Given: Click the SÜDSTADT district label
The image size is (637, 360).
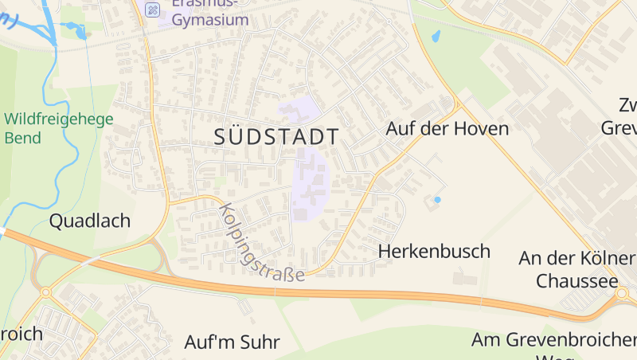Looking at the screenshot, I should pyautogui.click(x=276, y=136).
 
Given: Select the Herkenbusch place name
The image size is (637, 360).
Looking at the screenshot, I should pyautogui.click(x=434, y=252).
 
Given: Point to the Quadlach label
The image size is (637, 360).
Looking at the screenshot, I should pyautogui.click(x=90, y=221).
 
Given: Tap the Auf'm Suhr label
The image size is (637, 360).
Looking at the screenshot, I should pyautogui.click(x=232, y=342).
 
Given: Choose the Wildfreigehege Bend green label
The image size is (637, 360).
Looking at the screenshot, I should pyautogui.click(x=59, y=128).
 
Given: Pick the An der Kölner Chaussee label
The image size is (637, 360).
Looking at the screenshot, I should pyautogui.click(x=576, y=269).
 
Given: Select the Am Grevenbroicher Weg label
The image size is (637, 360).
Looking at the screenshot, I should pyautogui.click(x=553, y=341).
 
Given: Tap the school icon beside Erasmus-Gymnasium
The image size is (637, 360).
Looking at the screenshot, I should pyautogui.click(x=154, y=9).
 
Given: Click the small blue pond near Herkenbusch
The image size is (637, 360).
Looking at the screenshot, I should pyautogui.click(x=437, y=198).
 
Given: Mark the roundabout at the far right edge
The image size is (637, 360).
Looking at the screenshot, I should pyautogui.click(x=622, y=294).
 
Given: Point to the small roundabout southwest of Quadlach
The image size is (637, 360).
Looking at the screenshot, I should pyautogui.click(x=45, y=292).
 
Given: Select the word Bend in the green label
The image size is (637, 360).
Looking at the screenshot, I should pyautogui.click(x=22, y=138).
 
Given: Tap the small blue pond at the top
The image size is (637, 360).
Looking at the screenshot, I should pyautogui.click(x=436, y=36).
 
